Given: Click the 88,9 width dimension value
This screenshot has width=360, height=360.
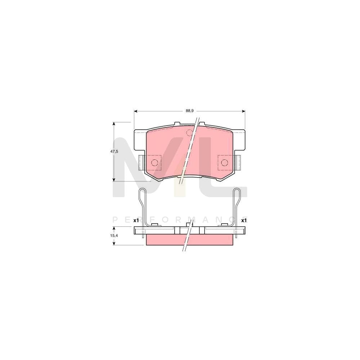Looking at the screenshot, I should click(x=190, y=111).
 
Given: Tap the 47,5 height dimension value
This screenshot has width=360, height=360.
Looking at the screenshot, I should click(x=114, y=152).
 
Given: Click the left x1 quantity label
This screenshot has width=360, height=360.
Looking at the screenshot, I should click(x=136, y=220).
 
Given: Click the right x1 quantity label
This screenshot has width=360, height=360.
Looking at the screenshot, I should click(x=244, y=220).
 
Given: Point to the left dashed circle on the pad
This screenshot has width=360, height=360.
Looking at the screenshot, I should click(x=154, y=162).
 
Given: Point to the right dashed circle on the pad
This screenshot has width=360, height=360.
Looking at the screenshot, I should click(x=224, y=162).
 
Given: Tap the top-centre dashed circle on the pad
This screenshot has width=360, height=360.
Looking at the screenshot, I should click(x=189, y=133).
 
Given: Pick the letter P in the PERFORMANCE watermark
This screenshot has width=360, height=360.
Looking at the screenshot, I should click(x=114, y=220).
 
